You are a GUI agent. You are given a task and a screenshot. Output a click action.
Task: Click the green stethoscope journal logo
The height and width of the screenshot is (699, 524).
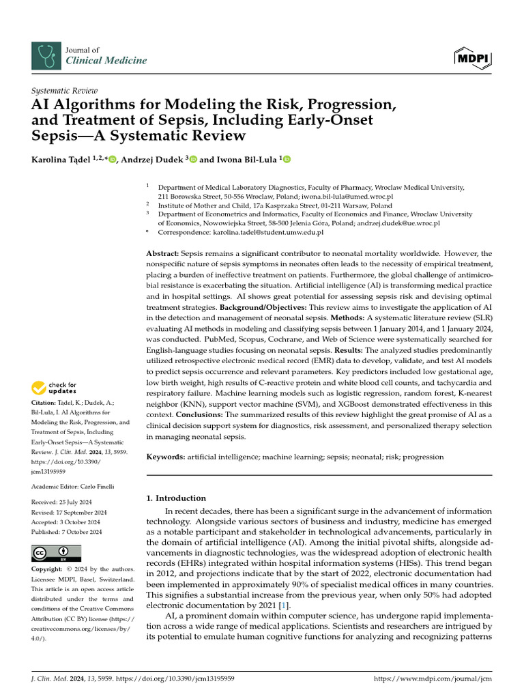tap(46, 55)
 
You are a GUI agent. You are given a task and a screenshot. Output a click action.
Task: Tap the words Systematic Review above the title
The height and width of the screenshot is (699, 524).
tap(65, 91)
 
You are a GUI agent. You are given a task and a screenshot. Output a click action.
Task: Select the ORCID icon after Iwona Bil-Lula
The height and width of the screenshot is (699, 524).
tap(287, 160)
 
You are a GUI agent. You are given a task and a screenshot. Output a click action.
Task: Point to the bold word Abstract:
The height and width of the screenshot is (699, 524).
tap(164, 253)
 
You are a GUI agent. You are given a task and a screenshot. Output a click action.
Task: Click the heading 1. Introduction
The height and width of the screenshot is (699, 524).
tap(177, 498)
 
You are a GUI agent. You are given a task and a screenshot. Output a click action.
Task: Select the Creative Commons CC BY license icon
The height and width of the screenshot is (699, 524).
tap(56, 553)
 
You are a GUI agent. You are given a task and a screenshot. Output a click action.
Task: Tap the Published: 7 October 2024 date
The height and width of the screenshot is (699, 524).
tap(67, 532)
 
